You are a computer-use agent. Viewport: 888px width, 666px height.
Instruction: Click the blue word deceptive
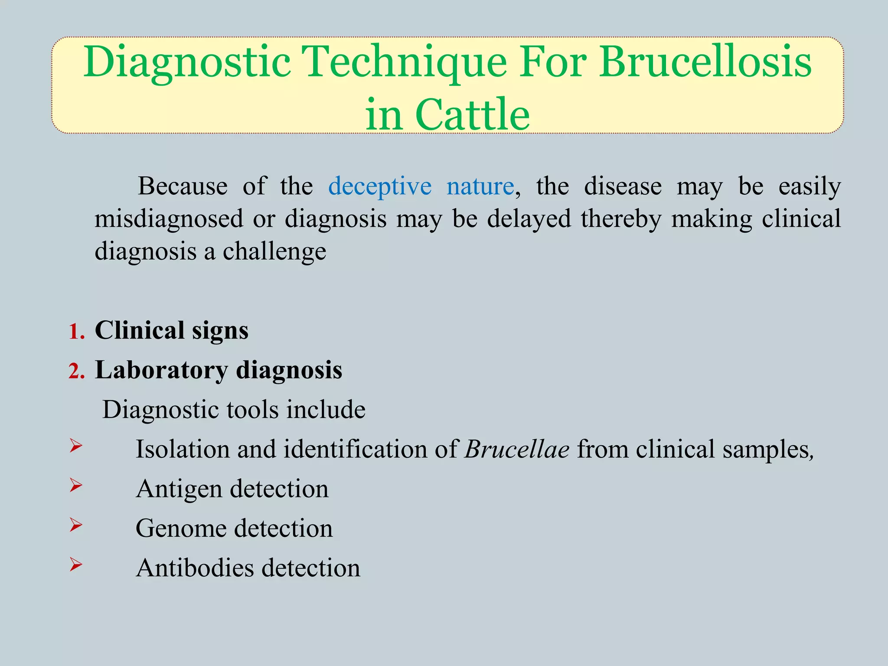coord(380,187)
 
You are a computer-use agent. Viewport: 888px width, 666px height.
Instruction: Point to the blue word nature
coord(480,187)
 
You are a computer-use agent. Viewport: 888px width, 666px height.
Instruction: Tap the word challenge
coord(274,251)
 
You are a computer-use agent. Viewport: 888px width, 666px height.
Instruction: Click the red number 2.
coord(76,372)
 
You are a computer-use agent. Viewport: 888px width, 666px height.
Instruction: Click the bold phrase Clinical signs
coord(171,331)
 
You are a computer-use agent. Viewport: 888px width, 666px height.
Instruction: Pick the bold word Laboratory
coord(161,371)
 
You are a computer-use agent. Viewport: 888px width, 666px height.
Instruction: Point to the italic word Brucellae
coord(516,449)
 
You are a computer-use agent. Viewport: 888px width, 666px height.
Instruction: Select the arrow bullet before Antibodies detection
coord(76,564)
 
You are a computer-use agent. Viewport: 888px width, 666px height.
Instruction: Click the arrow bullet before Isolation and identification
coord(76,445)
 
